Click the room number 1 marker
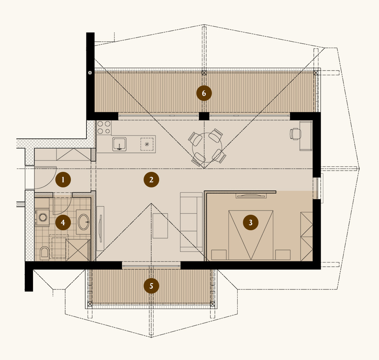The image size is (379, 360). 63,180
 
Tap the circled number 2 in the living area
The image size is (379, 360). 151,180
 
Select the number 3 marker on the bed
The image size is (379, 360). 251,222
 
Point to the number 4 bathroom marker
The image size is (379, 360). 63,222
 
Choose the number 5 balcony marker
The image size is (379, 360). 151,286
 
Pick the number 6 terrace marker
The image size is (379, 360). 204,93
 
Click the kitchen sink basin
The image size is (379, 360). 119,144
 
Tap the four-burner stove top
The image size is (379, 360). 104,127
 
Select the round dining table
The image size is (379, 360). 207,147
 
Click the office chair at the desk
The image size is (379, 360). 295,134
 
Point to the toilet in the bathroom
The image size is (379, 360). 44,253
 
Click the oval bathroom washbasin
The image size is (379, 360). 84,222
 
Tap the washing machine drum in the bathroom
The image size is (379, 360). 43,217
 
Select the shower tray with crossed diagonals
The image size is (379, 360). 78,250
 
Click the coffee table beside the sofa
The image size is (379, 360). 160,226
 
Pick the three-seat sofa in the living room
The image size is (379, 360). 191,222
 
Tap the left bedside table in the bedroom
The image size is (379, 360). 219,255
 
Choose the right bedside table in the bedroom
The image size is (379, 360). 283,255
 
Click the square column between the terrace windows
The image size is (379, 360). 204,116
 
